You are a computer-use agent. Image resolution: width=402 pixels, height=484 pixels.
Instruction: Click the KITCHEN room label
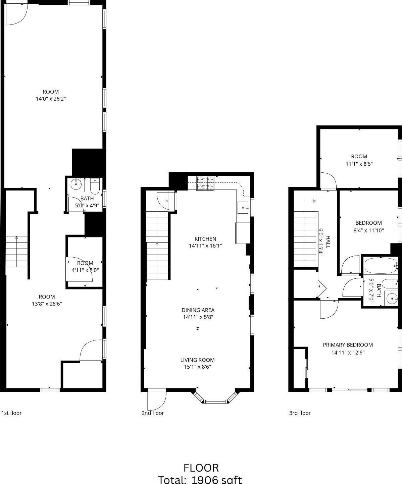pyautogui.click(x=205, y=239)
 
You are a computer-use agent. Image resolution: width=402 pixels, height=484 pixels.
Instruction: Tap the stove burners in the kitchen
pyautogui.click(x=205, y=183)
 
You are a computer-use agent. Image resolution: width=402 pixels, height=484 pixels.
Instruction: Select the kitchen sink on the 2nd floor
pyautogui.click(x=243, y=208)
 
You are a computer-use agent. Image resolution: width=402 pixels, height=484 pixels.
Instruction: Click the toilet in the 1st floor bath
pyautogui.click(x=95, y=186)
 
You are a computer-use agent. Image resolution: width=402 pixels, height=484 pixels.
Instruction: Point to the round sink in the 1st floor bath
pyautogui.click(x=77, y=184)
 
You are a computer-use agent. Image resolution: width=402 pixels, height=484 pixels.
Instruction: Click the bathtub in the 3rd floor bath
pyautogui.click(x=380, y=266)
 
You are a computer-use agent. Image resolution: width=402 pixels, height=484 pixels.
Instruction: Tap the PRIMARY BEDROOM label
pyautogui.click(x=348, y=345)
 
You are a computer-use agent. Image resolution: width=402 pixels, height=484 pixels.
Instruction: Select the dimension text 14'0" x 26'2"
pyautogui.click(x=51, y=99)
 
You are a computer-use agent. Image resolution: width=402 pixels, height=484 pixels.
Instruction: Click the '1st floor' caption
pyautogui.click(x=12, y=413)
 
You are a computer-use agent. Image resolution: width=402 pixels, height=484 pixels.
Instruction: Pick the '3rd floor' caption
pyautogui.click(x=300, y=413)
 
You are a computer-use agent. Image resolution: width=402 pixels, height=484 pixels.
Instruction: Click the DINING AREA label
pyautogui.click(x=198, y=310)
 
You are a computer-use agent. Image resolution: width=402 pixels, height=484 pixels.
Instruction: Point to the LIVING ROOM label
pyautogui.click(x=197, y=360)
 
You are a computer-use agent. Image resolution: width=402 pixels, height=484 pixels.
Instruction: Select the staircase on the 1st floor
pyautogui.click(x=16, y=252)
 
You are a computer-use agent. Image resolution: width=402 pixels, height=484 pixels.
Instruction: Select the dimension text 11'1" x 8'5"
pyautogui.click(x=359, y=164)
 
